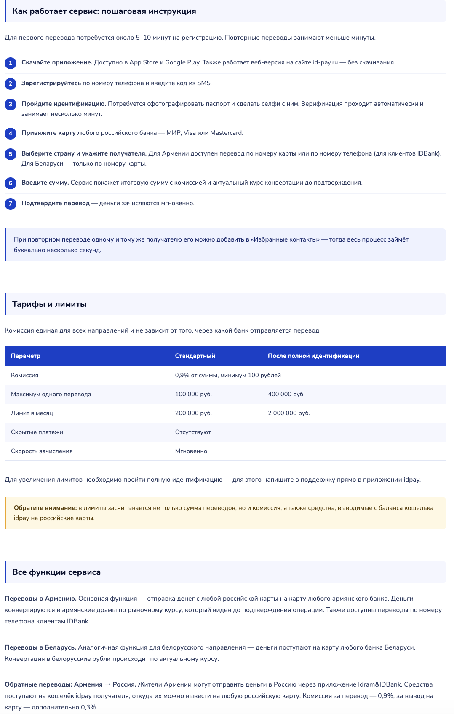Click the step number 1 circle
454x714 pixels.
pyautogui.click(x=11, y=63)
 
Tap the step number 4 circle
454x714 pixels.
pyautogui.click(x=11, y=133)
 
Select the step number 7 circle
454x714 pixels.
pyautogui.click(x=11, y=204)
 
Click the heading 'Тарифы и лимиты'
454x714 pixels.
pyautogui.click(x=49, y=304)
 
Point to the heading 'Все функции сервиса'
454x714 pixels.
pyautogui.click(x=56, y=572)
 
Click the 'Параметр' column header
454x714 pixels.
pyautogui.click(x=26, y=356)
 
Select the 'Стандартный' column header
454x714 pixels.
pyautogui.click(x=195, y=356)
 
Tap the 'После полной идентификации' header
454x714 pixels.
pyautogui.click(x=313, y=356)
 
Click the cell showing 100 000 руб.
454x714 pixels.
pyautogui.click(x=193, y=395)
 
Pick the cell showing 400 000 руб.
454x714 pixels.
pyautogui.click(x=286, y=395)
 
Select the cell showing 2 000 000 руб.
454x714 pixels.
pyautogui.click(x=289, y=413)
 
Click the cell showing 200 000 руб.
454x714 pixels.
pyautogui.click(x=193, y=413)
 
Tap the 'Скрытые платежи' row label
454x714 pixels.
pyautogui.click(x=37, y=432)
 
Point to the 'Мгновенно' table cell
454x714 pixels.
pyautogui.click(x=191, y=451)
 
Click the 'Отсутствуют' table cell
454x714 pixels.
pyautogui.click(x=193, y=432)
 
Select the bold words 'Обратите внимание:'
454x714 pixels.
pyautogui.click(x=45, y=508)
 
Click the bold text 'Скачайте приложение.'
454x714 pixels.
pyautogui.click(x=57, y=62)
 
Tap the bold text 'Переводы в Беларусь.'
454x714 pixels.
pyautogui.click(x=40, y=647)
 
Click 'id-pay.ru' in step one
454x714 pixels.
pyautogui.click(x=325, y=62)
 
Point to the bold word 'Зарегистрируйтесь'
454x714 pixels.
pyautogui.click(x=51, y=83)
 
